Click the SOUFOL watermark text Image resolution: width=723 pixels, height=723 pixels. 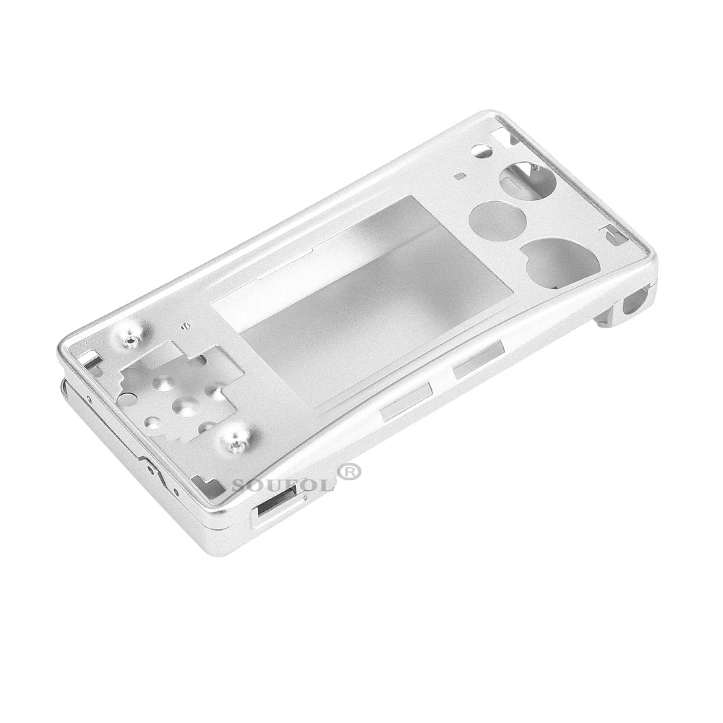pyautogui.click(x=284, y=484)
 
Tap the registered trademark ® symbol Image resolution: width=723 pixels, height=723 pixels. pyautogui.click(x=350, y=471)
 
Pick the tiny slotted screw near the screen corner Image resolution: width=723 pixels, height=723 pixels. pyautogui.click(x=185, y=325)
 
